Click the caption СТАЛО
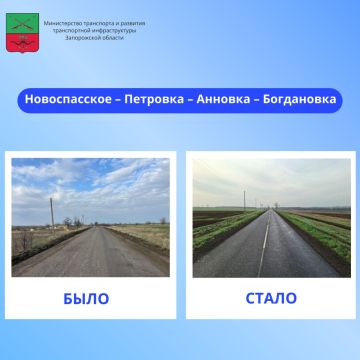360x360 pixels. [x=271, y=298]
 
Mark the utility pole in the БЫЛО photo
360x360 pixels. [x=52, y=213]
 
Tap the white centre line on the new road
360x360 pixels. [x=265, y=256]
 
